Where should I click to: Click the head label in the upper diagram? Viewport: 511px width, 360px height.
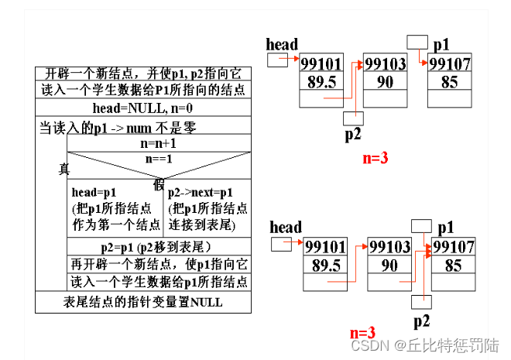click(x=282, y=44)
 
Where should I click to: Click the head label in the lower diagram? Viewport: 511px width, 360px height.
click(x=286, y=227)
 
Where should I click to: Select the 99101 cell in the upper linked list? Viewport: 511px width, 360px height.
click(x=321, y=64)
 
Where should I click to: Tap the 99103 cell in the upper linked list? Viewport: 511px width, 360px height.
click(x=385, y=64)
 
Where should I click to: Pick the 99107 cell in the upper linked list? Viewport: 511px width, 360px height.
click(x=449, y=64)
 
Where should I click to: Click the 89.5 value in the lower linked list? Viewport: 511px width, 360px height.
click(x=324, y=265)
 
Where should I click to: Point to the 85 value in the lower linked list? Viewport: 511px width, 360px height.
click(x=453, y=265)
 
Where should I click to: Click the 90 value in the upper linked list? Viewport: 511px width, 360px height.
click(x=385, y=82)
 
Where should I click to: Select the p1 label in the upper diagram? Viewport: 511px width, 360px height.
click(x=442, y=43)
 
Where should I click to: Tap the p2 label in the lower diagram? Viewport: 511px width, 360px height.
click(x=421, y=320)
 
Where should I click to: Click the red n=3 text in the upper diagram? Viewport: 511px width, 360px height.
click(x=375, y=159)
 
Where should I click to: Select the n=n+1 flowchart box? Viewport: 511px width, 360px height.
click(x=158, y=143)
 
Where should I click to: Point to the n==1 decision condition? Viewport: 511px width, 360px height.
click(x=158, y=158)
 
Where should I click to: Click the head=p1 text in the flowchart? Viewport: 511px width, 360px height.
click(x=94, y=192)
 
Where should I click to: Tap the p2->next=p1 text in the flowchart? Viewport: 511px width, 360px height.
click(x=200, y=192)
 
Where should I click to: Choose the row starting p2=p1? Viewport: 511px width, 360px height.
click(x=158, y=247)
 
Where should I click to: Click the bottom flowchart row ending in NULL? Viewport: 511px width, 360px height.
click(x=142, y=302)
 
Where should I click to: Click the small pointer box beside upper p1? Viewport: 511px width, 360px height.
click(x=417, y=39)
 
